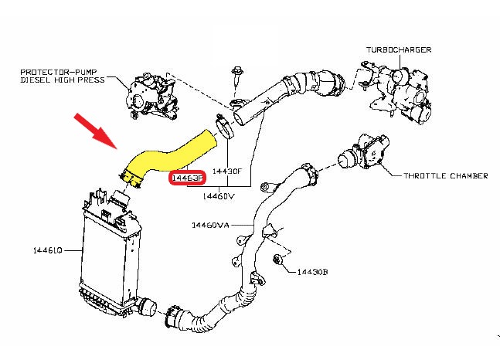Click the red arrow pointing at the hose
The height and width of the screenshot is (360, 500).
click(96, 130)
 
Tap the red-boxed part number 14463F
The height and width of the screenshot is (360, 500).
click(186, 178)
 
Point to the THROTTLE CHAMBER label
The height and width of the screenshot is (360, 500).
click(446, 176)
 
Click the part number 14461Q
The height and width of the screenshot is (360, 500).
click(47, 250)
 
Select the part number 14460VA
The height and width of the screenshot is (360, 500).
click(211, 226)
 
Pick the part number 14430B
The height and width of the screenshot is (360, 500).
click(314, 272)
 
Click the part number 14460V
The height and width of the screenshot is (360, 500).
click(218, 196)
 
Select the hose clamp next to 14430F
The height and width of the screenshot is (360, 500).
click(223, 126)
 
